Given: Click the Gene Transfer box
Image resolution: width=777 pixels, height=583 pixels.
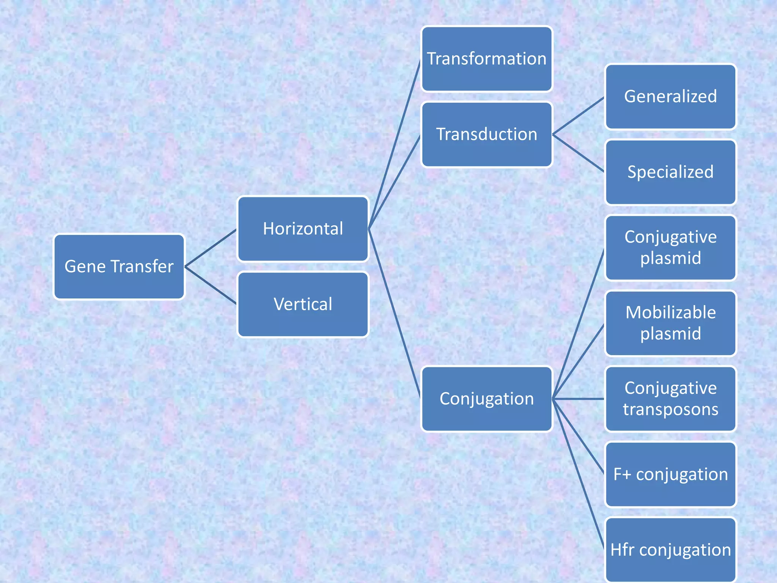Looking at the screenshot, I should [x=119, y=266].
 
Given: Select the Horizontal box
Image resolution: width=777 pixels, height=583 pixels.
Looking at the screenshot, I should [x=303, y=228].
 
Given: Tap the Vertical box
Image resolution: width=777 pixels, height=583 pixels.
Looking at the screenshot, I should [x=303, y=304].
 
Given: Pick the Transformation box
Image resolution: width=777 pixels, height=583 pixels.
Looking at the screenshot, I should [x=487, y=59].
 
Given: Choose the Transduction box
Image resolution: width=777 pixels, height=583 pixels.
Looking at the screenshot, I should [x=487, y=134].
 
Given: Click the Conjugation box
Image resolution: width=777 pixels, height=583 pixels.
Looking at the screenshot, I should [x=487, y=399].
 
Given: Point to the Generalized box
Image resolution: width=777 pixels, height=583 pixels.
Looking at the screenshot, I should [x=670, y=96].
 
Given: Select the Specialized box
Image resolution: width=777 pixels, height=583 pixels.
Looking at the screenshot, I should [x=670, y=172].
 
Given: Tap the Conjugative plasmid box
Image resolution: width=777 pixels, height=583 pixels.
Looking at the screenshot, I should [x=670, y=247].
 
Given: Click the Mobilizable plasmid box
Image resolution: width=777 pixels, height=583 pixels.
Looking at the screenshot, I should [x=670, y=323].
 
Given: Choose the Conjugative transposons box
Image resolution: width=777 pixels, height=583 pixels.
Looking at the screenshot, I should [x=670, y=399].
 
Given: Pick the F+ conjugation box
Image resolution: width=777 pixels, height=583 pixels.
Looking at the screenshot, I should [x=670, y=474].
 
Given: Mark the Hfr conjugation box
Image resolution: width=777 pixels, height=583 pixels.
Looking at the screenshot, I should [x=670, y=550].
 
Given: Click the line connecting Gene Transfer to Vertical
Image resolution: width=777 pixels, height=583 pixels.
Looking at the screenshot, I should [x=211, y=285].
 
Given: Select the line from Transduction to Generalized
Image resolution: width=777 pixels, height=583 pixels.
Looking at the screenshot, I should [x=578, y=116].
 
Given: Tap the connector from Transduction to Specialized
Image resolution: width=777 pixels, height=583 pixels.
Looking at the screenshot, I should [x=578, y=153].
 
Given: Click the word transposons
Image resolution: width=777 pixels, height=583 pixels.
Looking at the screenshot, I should [x=670, y=410].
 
